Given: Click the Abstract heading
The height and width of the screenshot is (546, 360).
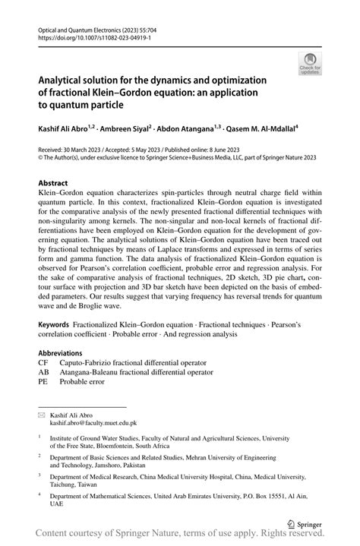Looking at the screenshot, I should pos(53,184).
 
